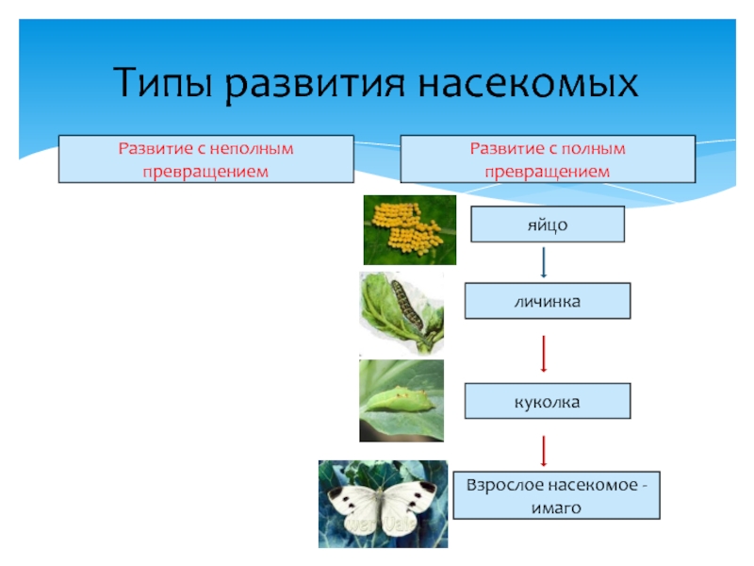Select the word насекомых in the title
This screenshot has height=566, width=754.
[528, 84]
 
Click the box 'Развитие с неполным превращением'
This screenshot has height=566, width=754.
[205, 159]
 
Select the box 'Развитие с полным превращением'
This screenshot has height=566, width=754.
[548, 159]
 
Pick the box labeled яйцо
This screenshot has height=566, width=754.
[548, 225]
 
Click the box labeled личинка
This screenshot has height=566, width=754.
[548, 301]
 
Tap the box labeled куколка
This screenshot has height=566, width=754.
[548, 402]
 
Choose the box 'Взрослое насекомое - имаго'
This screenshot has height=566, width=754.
[557, 496]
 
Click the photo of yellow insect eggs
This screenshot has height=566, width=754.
[409, 228]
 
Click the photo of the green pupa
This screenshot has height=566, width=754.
[401, 400]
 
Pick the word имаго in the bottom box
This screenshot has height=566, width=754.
[557, 507]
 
